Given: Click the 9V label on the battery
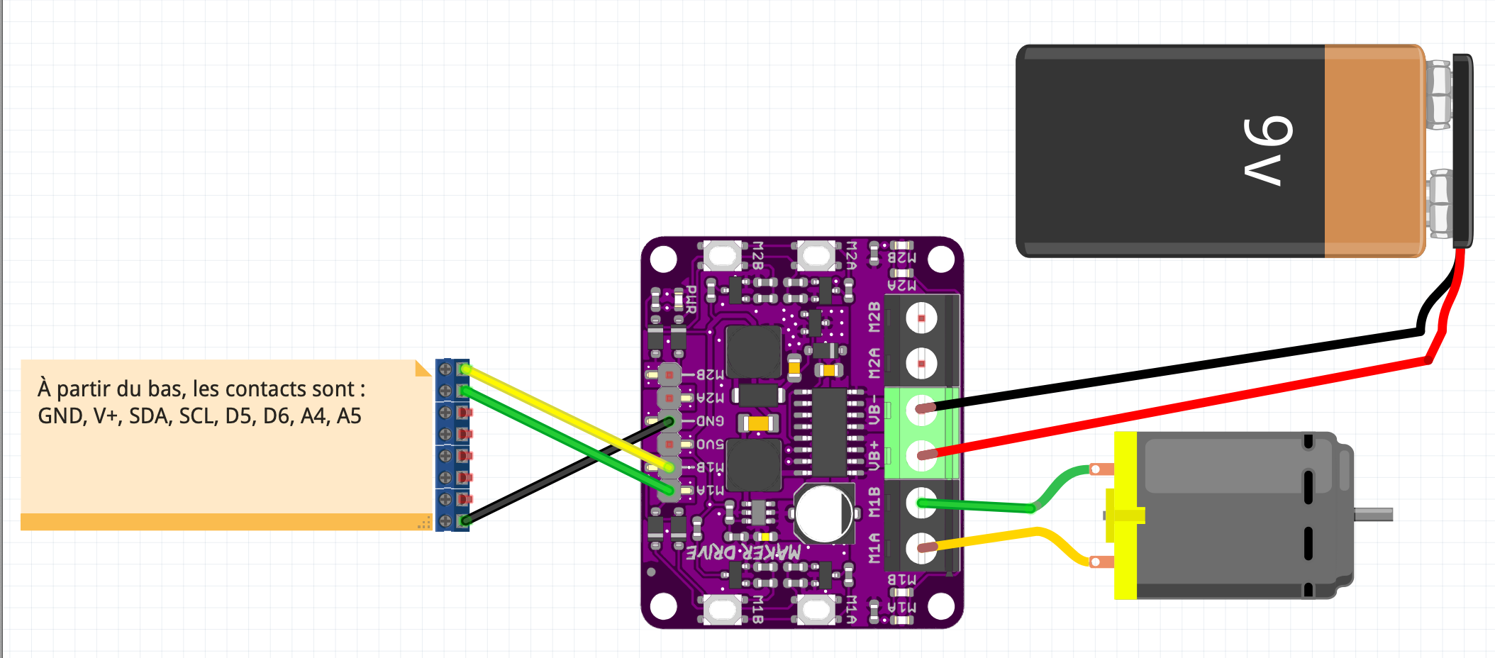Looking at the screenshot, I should click(x=1268, y=150).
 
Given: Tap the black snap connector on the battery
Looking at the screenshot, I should click(x=1462, y=150).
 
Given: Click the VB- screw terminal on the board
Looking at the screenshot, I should click(x=921, y=410).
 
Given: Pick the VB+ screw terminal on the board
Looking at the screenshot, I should click(x=921, y=455).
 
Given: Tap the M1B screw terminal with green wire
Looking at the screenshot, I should click(x=921, y=503).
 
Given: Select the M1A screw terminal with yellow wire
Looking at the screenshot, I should click(x=921, y=548).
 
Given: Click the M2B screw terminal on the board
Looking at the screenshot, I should click(x=921, y=318).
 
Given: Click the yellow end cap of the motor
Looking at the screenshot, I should click(x=1126, y=515).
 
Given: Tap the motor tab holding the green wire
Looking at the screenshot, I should click(x=1101, y=469).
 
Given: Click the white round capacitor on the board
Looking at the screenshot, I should click(x=823, y=513).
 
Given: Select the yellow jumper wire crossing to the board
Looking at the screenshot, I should click(x=567, y=418).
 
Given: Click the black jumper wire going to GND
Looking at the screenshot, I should click(x=567, y=471).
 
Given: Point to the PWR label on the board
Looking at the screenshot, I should click(x=691, y=300).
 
